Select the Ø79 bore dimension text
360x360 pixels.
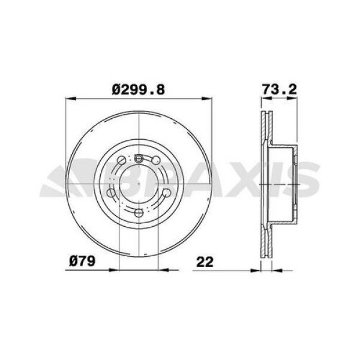[82, 262]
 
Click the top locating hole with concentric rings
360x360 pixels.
[139, 158]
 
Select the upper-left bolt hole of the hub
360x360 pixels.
[122, 161]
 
